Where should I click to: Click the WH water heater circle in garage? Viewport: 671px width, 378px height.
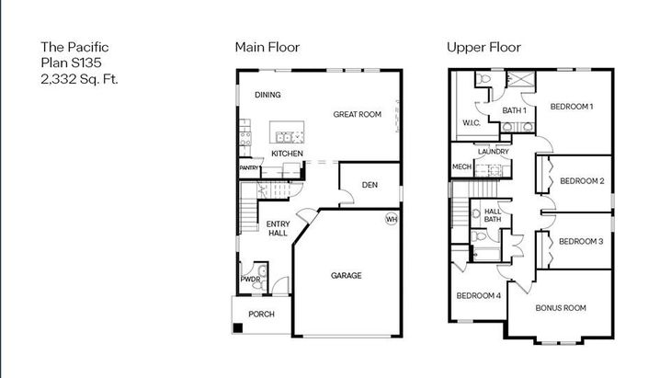coord(392,219)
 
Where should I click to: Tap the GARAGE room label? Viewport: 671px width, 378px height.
coord(346,276)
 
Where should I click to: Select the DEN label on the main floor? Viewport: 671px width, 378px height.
coord(370,185)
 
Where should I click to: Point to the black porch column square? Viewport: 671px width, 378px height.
coord(237,328)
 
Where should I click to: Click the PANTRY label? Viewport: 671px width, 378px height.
coord(248,167)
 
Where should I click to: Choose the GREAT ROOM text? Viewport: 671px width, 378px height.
coord(357,114)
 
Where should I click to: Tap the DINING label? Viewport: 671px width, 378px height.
coord(267,95)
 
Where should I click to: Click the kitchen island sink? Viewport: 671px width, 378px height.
coord(284,137)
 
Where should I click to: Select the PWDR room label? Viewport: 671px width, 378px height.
coord(250,280)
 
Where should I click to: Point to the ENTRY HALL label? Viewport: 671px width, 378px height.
coord(278,228)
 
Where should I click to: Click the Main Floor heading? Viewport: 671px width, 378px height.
coord(267,47)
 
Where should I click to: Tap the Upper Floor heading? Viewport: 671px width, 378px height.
coord(483,47)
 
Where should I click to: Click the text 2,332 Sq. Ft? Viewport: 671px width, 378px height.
coord(79,79)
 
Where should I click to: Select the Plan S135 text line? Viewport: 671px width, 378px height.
coord(71,63)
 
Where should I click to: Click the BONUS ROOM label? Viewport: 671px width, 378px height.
coord(561,308)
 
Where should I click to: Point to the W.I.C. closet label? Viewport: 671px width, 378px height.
coord(472,123)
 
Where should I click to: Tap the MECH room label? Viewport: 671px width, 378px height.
coord(461,167)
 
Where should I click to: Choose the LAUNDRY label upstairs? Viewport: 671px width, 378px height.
coord(494,152)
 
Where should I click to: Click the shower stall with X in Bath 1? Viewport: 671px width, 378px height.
coord(521,80)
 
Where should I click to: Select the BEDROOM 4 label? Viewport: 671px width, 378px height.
coord(478,296)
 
